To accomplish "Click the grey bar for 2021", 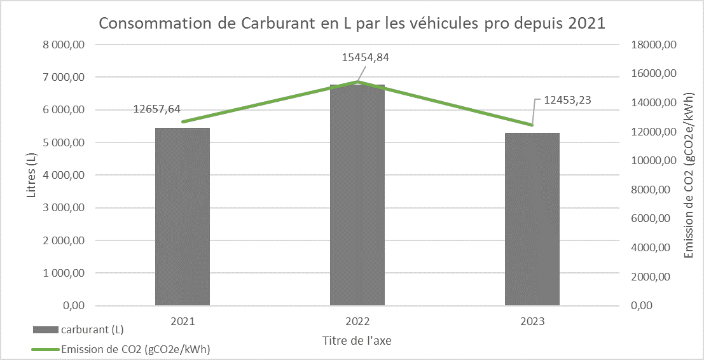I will tap(183, 216).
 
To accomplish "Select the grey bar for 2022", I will tap(357, 197).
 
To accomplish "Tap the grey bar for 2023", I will tap(532, 219).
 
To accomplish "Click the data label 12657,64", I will tap(156, 109).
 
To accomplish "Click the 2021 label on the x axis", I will tap(183, 322).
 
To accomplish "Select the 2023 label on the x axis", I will tap(532, 322).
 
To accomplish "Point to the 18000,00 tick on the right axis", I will tap(653, 45).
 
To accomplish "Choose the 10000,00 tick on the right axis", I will tap(653, 161).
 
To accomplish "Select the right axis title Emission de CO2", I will tap(688, 175).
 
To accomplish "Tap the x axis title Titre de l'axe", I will tap(357, 340).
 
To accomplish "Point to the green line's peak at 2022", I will tap(357, 81).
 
